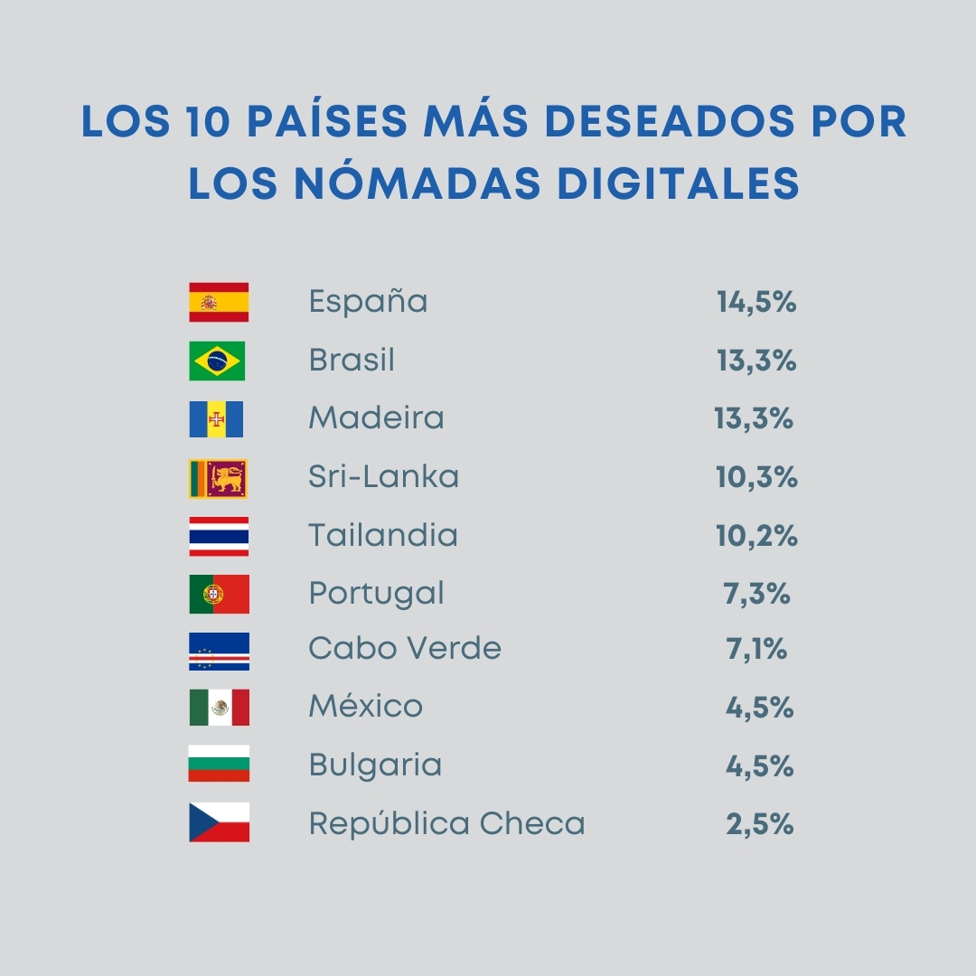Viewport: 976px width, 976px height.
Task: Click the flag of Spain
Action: (219, 302)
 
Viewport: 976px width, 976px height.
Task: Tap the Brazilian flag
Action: (217, 361)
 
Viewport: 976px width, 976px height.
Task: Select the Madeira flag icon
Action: (217, 419)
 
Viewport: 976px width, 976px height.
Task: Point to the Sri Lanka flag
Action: (218, 478)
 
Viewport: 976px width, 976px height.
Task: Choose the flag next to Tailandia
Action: (219, 536)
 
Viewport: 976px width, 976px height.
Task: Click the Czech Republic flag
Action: (219, 822)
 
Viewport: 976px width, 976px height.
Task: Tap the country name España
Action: (368, 302)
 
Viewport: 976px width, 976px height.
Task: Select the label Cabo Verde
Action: (404, 649)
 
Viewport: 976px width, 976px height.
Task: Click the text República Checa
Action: (446, 824)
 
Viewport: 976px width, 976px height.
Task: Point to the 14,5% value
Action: (756, 302)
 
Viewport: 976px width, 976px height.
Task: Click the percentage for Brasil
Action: (756, 361)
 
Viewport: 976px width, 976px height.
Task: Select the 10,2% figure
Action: (756, 536)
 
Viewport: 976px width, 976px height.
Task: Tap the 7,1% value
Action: (756, 650)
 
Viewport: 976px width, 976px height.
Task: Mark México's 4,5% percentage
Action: (759, 708)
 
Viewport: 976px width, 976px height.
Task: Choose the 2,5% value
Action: (759, 824)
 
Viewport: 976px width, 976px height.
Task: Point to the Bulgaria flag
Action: (219, 765)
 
